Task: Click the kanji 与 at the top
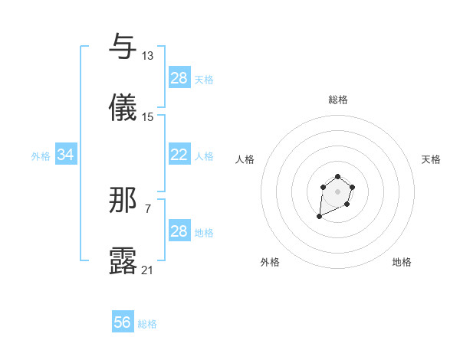[123, 47]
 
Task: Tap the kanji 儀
[123, 108]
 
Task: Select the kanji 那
[123, 200]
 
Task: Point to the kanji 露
[123, 261]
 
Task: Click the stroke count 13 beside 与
[148, 55]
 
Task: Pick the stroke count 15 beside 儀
[148, 116]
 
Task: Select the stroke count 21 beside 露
[148, 270]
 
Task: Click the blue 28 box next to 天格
[179, 78]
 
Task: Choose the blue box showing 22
[179, 155]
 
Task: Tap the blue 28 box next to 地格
[179, 231]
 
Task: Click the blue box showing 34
[66, 155]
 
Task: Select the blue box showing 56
[123, 322]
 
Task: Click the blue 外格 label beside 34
[41, 155]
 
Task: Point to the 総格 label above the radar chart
[338, 100]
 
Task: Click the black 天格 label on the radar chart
[431, 159]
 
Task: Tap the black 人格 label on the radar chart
[245, 159]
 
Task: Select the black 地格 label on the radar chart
[402, 262]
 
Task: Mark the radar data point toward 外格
[320, 217]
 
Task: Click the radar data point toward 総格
[337, 176]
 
